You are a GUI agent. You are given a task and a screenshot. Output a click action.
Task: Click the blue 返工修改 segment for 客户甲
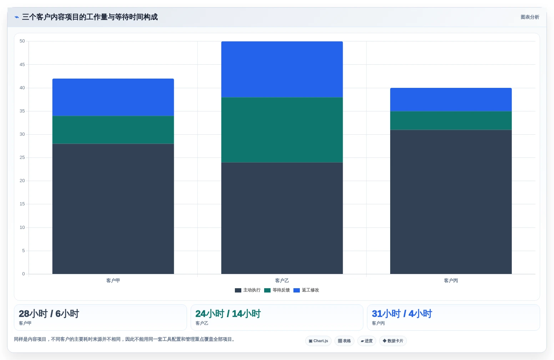click(x=113, y=97)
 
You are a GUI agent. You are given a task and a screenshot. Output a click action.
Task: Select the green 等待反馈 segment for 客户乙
click(x=282, y=130)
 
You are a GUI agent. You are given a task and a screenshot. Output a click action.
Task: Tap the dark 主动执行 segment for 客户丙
click(x=451, y=202)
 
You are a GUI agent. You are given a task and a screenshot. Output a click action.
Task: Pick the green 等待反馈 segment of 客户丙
click(x=451, y=120)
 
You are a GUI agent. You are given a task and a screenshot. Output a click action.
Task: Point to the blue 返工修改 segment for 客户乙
click(x=282, y=69)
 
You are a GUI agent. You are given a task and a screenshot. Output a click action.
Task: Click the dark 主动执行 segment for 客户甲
click(x=113, y=209)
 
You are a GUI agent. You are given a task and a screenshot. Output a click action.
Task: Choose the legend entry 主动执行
click(x=248, y=290)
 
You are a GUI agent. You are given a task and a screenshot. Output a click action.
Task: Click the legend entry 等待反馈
click(x=277, y=290)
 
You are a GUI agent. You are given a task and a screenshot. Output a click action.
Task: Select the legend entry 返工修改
click(x=306, y=290)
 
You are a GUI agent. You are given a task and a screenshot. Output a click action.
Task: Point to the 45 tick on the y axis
click(x=22, y=64)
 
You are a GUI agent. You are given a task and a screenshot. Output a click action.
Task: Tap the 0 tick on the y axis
click(x=24, y=274)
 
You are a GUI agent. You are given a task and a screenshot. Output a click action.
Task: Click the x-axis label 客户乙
click(x=282, y=280)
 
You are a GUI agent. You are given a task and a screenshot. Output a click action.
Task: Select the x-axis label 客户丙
click(x=451, y=280)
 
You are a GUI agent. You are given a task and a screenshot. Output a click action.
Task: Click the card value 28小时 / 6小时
click(x=49, y=314)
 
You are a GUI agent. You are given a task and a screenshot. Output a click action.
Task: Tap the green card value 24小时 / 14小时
click(x=228, y=314)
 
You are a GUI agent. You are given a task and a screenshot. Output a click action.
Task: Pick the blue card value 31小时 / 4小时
click(x=402, y=314)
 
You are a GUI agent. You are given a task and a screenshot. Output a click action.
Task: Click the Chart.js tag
click(x=318, y=341)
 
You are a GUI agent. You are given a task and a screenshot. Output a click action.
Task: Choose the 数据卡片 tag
click(x=393, y=341)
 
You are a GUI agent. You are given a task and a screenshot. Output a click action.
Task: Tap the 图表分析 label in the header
click(x=530, y=17)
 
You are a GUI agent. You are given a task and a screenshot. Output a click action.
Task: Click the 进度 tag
click(x=367, y=341)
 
